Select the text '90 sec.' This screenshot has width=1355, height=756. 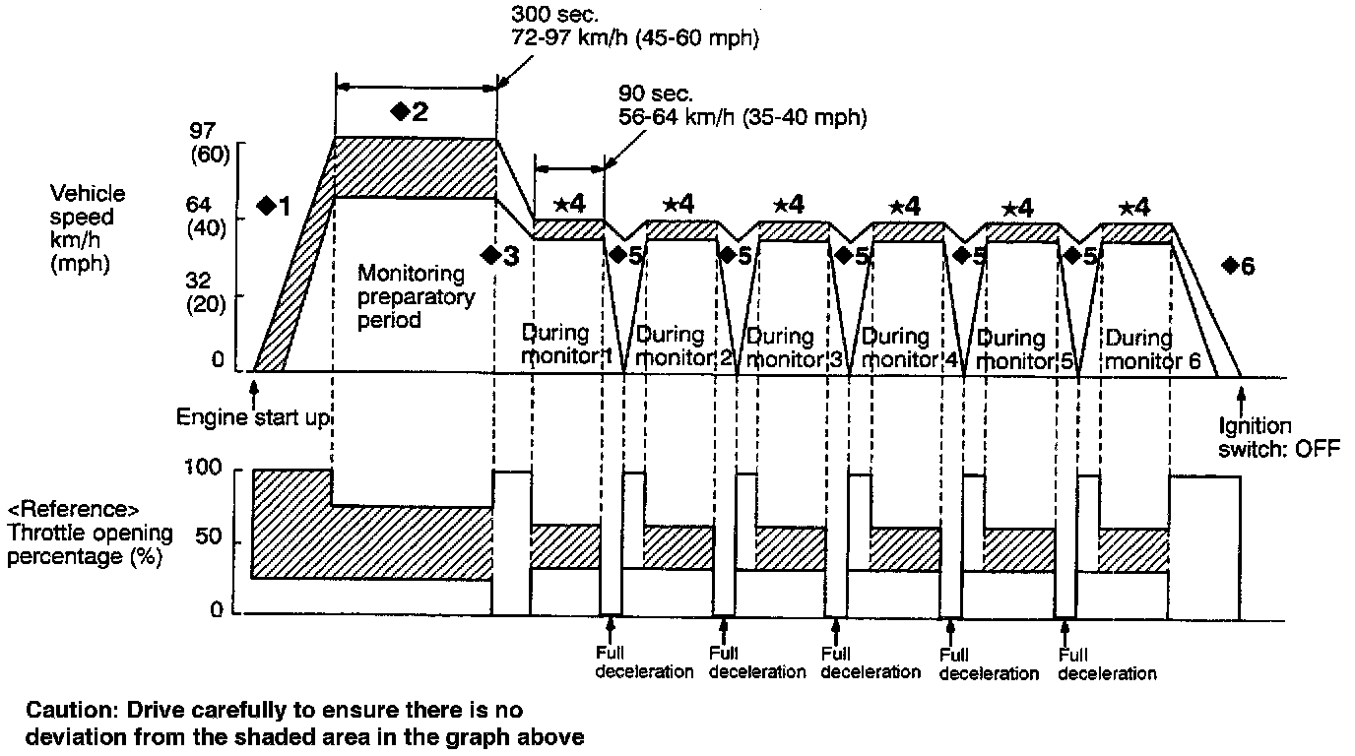click(656, 94)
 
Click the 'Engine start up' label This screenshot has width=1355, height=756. click(252, 417)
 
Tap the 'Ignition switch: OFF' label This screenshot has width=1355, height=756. click(1268, 437)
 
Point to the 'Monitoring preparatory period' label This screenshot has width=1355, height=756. click(416, 295)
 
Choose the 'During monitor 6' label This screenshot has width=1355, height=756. click(1152, 348)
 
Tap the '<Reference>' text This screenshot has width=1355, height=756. click(74, 510)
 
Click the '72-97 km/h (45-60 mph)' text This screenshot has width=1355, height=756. click(636, 38)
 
